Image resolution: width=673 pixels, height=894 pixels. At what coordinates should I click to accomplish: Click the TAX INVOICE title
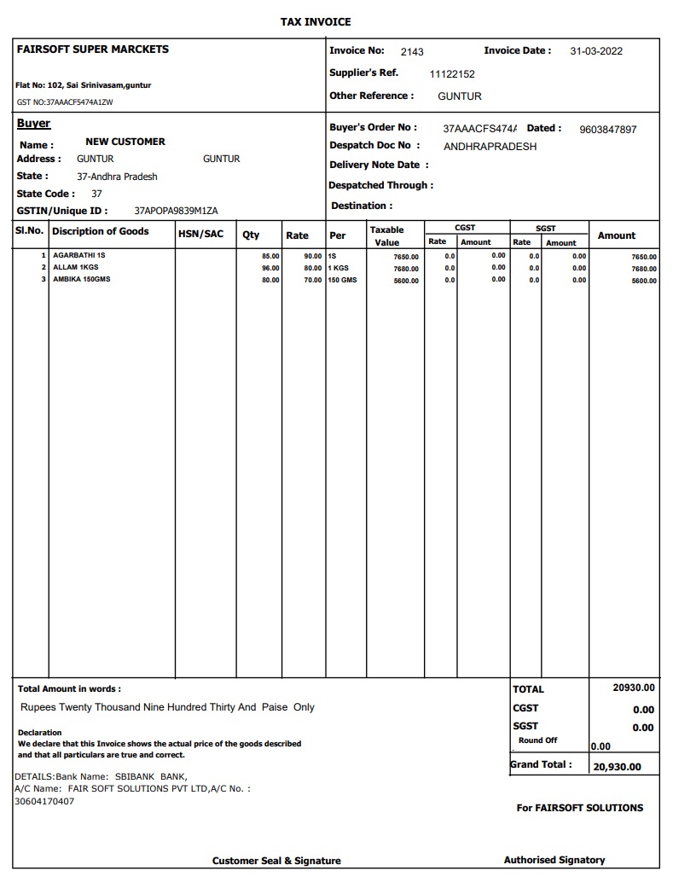(316, 21)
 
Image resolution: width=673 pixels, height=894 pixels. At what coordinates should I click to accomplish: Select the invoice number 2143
(412, 52)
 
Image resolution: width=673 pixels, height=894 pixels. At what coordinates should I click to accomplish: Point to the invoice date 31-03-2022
(596, 51)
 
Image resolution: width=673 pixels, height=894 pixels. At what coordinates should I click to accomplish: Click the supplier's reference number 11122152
(452, 74)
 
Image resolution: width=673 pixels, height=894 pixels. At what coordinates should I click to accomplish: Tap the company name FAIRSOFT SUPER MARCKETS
(93, 49)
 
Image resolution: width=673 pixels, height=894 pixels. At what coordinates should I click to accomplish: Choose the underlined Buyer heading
(33, 124)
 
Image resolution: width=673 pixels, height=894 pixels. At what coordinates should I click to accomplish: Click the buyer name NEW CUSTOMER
(125, 142)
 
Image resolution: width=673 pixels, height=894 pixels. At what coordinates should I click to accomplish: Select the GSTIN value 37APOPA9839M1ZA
(177, 211)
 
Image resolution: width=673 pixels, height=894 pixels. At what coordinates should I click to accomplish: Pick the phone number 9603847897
(608, 130)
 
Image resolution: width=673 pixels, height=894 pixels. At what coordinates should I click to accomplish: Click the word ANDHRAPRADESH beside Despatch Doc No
(490, 147)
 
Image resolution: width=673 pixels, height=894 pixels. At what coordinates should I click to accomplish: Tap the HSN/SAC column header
(200, 233)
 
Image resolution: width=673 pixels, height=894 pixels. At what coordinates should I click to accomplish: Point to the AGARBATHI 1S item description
(79, 255)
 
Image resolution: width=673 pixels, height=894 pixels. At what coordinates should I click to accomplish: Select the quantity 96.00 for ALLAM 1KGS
(270, 268)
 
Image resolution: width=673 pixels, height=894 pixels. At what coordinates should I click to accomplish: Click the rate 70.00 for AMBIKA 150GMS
(313, 280)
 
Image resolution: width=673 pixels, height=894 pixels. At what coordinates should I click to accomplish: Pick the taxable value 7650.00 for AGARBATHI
(406, 257)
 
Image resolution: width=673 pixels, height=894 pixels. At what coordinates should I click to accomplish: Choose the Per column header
(338, 235)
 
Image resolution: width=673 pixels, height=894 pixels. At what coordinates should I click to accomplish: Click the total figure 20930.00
(634, 688)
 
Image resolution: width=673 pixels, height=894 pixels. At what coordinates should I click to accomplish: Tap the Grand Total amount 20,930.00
(617, 767)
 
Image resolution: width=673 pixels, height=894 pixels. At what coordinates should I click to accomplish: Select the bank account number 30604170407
(44, 801)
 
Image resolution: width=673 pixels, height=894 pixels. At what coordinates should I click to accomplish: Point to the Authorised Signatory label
(554, 860)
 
